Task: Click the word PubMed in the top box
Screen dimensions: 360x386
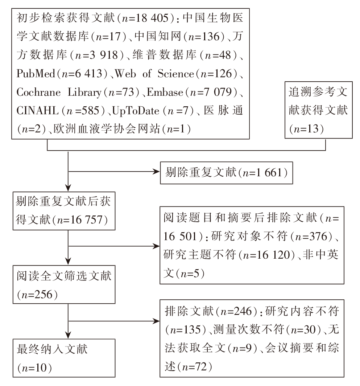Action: coord(36,74)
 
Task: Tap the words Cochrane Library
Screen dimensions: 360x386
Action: coord(59,92)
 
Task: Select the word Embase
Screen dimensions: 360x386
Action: coord(165,92)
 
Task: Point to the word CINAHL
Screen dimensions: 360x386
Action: coord(37,111)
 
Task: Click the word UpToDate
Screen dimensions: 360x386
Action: coord(136,111)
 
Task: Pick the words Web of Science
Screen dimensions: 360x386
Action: coord(154,74)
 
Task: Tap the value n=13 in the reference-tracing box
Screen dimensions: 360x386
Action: coord(307,129)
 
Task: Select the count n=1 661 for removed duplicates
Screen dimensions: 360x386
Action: coord(262,173)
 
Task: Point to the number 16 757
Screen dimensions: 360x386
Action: coord(86,219)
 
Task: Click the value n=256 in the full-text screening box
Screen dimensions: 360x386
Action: coord(37,295)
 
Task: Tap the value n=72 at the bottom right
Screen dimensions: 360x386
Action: coord(194,367)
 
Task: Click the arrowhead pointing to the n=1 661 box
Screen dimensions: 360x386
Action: coord(157,172)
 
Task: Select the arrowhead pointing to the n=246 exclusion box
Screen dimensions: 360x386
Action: coord(157,321)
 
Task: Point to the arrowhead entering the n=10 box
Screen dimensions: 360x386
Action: coord(68,335)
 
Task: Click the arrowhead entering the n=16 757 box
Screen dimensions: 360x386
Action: coord(68,188)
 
